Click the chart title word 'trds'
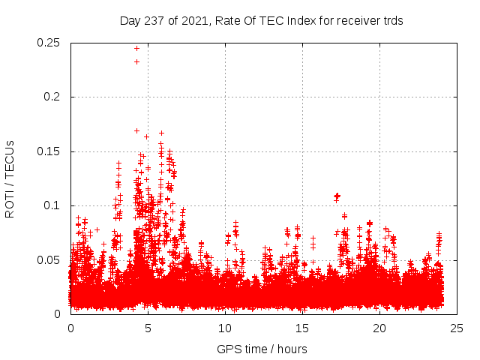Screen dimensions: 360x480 [391, 21]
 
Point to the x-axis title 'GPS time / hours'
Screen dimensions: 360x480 [262, 349]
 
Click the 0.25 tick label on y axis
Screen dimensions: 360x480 [49, 43]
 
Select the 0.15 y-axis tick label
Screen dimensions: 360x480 [49, 151]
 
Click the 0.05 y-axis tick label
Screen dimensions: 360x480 [49, 260]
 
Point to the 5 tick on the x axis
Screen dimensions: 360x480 [148, 328]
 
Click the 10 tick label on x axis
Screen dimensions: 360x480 [225, 328]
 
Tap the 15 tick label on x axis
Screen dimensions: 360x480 [302, 328]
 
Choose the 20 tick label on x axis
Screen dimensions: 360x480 [379, 328]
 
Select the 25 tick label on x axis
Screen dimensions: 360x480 [457, 328]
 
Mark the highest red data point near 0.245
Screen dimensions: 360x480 [136, 48]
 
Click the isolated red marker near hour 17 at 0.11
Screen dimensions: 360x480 [337, 196]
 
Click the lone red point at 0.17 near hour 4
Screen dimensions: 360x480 [136, 130]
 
